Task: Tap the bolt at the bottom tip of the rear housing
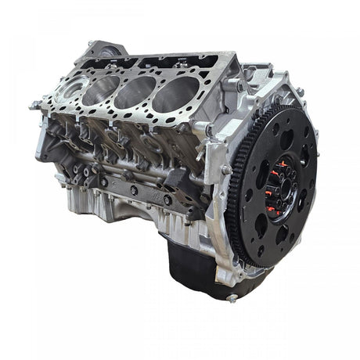[231, 297]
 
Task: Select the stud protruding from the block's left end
[34, 104]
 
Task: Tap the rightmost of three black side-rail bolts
[167, 200]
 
